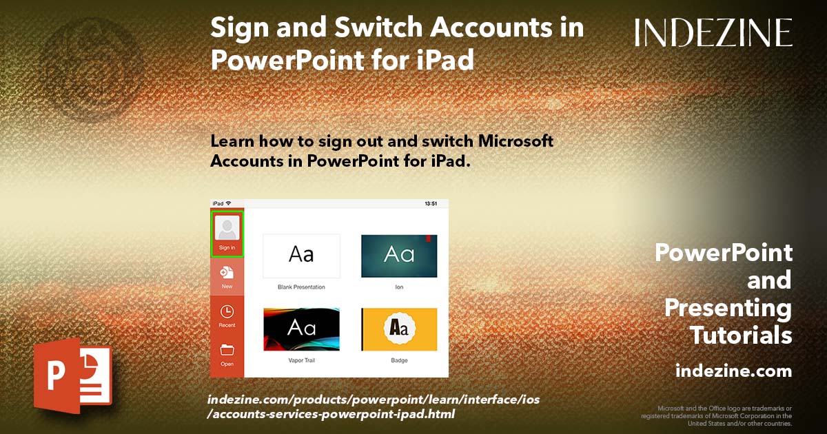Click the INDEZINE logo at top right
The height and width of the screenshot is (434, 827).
[x=713, y=32]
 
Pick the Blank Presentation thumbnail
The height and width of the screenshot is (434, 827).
[x=301, y=256]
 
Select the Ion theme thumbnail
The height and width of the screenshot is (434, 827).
[x=399, y=256]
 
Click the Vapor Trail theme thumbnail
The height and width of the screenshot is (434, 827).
[x=301, y=329]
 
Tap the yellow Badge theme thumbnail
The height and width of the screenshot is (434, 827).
[x=399, y=329]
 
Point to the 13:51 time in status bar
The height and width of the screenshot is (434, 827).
[x=431, y=204]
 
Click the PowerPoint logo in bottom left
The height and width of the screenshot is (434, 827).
[x=72, y=375]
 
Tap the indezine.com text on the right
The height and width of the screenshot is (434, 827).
[x=733, y=371]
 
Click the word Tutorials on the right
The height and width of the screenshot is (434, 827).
[x=741, y=335]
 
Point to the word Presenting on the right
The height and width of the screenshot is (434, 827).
[x=728, y=308]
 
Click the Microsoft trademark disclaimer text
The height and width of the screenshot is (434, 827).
[x=717, y=415]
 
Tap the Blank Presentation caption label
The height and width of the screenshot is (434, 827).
[x=301, y=287]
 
